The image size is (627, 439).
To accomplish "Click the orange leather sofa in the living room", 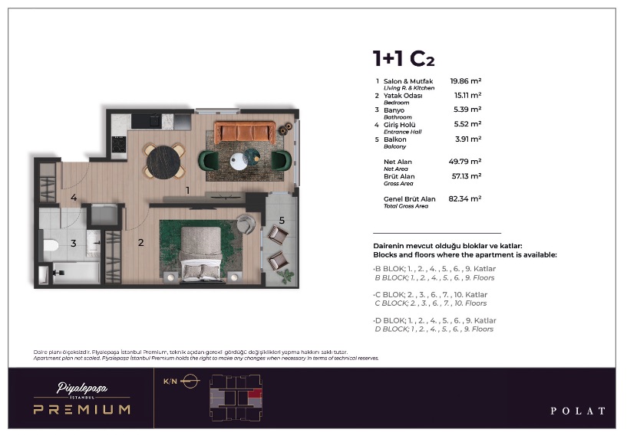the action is click(245, 132).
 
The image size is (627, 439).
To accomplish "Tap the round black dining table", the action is click(163, 162).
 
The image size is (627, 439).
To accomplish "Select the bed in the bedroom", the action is click(202, 254).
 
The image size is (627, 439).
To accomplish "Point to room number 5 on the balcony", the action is click(282, 221).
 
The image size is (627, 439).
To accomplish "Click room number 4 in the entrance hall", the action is click(74, 197).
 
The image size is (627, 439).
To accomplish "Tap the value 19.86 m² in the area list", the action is click(465, 81).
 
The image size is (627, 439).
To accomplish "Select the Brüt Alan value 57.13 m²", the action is click(467, 176).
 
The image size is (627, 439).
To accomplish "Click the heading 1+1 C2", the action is click(404, 59).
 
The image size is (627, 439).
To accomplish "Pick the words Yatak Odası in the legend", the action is click(403, 96).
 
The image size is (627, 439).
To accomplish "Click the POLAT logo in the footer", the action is click(578, 411).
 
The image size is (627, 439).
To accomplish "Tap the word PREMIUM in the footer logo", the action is click(82, 409).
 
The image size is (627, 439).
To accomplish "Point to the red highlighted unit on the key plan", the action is click(255, 395).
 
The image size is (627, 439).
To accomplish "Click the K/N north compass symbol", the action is click(190, 381).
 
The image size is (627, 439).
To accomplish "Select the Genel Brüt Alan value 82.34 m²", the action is click(464, 198).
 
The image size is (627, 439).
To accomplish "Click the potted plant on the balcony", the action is click(286, 276).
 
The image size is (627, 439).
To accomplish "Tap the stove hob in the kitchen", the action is click(119, 145).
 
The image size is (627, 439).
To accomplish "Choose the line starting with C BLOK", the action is click(431, 295).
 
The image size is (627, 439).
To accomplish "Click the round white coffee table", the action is click(239, 161).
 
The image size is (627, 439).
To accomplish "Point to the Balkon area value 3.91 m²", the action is click(468, 139).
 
